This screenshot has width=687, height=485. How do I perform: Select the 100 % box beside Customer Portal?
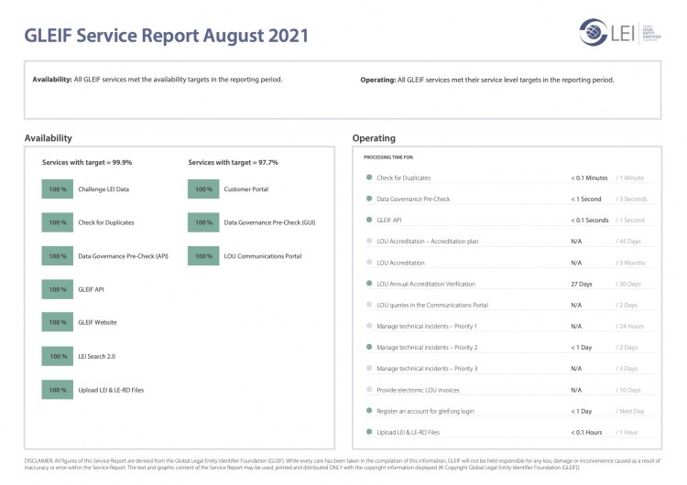pyautogui.click(x=203, y=189)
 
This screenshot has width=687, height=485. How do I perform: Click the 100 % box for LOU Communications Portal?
pyautogui.click(x=203, y=256)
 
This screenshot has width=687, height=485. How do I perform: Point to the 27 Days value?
pyautogui.click(x=581, y=284)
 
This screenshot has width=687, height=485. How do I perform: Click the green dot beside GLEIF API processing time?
pyautogui.click(x=368, y=221)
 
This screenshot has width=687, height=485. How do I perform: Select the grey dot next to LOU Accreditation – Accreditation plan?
pyautogui.click(x=368, y=242)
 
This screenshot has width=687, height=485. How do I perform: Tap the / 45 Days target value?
pyautogui.click(x=629, y=242)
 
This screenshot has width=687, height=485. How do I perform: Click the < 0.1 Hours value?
pyautogui.click(x=586, y=432)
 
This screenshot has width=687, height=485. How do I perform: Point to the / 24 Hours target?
pyautogui.click(x=630, y=326)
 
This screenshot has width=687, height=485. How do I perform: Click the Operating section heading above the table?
pyautogui.click(x=374, y=138)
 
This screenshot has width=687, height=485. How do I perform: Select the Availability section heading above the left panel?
pyautogui.click(x=49, y=138)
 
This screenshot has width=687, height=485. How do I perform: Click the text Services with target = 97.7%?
pyautogui.click(x=233, y=162)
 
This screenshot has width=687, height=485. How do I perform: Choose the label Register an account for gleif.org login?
pyautogui.click(x=426, y=411)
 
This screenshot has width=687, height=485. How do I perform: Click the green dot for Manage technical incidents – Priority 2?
pyautogui.click(x=368, y=348)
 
